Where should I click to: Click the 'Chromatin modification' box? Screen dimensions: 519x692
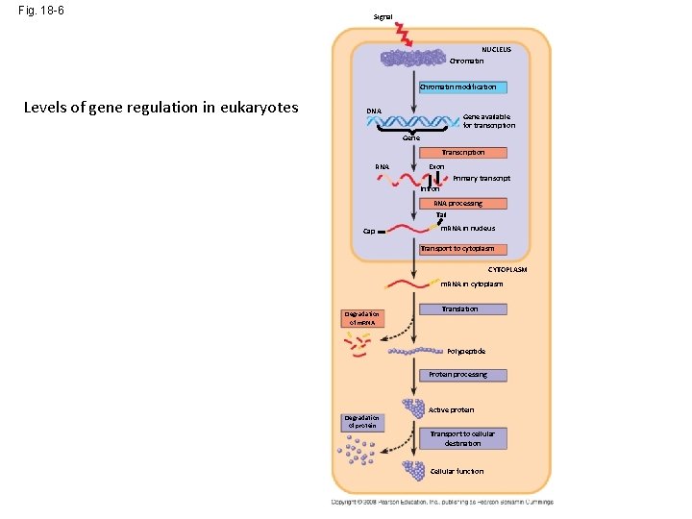pos(457,87)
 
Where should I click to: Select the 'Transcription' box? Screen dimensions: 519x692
pos(462,152)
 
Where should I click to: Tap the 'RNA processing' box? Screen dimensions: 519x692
pos(457,204)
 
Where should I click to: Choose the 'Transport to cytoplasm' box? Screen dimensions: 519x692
pos(457,249)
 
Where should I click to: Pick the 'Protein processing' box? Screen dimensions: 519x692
pos(457,375)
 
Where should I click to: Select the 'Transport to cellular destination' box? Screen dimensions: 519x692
pos(462,438)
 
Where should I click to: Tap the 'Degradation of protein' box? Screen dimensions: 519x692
pos(362,421)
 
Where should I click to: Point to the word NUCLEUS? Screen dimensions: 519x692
pos(496,49)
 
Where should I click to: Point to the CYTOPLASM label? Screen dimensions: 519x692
pos(507,270)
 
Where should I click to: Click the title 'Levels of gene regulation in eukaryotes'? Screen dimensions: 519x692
pos(161,107)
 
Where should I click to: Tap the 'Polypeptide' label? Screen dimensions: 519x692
pos(465,352)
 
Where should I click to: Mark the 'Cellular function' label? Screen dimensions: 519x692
pos(457,471)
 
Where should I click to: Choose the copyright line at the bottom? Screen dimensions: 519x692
pos(442,502)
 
